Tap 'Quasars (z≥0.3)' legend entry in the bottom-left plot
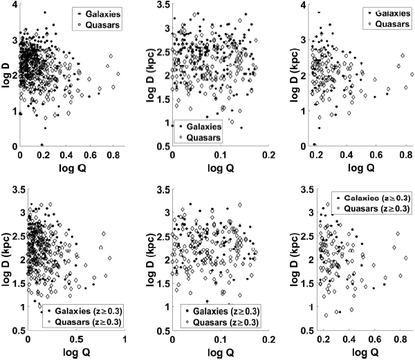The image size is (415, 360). pos(86,322)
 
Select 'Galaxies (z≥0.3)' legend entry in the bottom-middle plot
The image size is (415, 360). pos(221,311)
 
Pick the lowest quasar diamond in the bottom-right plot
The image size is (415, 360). pos(326,315)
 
